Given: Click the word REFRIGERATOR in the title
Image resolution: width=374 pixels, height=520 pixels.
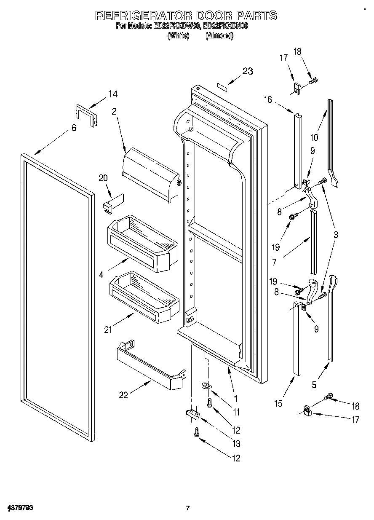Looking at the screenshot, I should tap(144, 16).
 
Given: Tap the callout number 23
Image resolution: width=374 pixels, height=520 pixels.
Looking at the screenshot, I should tap(247, 71).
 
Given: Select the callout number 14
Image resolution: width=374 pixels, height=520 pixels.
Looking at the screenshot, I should tap(112, 94).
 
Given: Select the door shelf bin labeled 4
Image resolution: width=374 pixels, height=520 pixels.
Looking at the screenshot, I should tap(143, 243).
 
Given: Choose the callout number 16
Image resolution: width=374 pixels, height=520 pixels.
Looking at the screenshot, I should tap(268, 99).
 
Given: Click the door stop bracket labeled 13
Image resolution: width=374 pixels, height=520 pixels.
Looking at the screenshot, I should tap(193, 414).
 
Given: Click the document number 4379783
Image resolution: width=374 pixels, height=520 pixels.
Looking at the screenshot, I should tap(20, 508).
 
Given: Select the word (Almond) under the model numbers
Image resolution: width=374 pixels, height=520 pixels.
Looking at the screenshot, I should tap(219, 36).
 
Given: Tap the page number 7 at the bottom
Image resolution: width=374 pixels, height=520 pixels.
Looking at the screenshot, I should tap(188, 508).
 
